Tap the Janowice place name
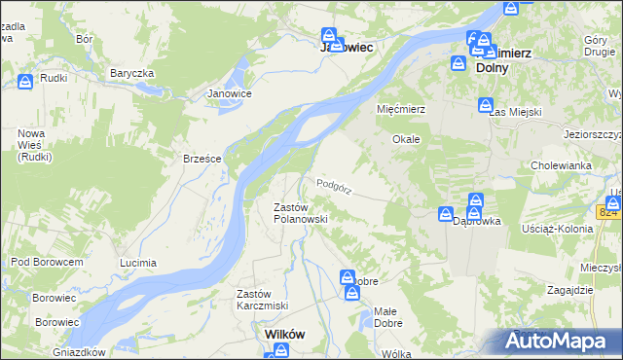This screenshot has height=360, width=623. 230,93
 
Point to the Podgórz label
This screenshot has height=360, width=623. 333,183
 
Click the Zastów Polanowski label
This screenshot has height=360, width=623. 300,213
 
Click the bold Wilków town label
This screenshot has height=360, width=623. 285,334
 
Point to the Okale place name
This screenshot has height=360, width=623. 406,139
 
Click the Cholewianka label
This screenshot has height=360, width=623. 562,165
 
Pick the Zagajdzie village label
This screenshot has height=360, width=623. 570,290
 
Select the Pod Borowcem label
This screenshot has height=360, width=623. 46,262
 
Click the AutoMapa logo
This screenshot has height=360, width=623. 559,341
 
